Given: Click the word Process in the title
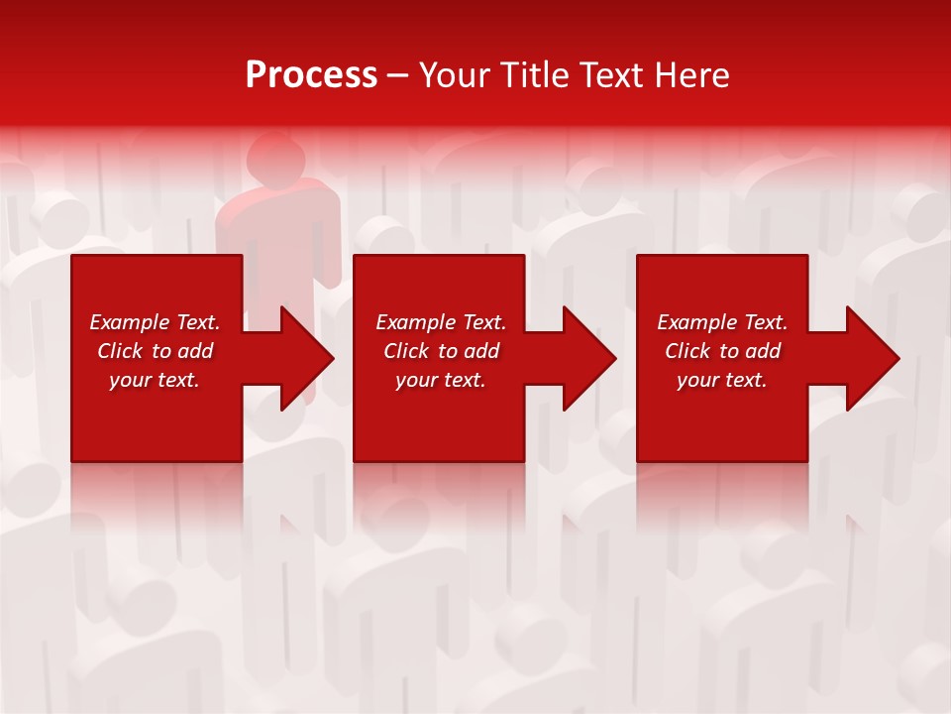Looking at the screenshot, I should coord(311,75).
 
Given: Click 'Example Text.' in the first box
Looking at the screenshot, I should coord(155,322).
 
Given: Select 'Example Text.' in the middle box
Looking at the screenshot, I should coord(441,322).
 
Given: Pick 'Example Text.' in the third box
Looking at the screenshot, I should coord(722,322).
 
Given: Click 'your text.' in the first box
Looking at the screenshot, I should coord(155,380).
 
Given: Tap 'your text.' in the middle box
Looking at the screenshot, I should coord(441,380).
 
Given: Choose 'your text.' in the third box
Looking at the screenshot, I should coord(722,380).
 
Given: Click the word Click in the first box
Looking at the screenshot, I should coord(121,351).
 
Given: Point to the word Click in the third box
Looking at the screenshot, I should coord(688,351).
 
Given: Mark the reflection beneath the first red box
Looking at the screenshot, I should coord(157,496).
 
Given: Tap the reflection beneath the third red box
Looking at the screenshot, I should coord(722,496).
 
